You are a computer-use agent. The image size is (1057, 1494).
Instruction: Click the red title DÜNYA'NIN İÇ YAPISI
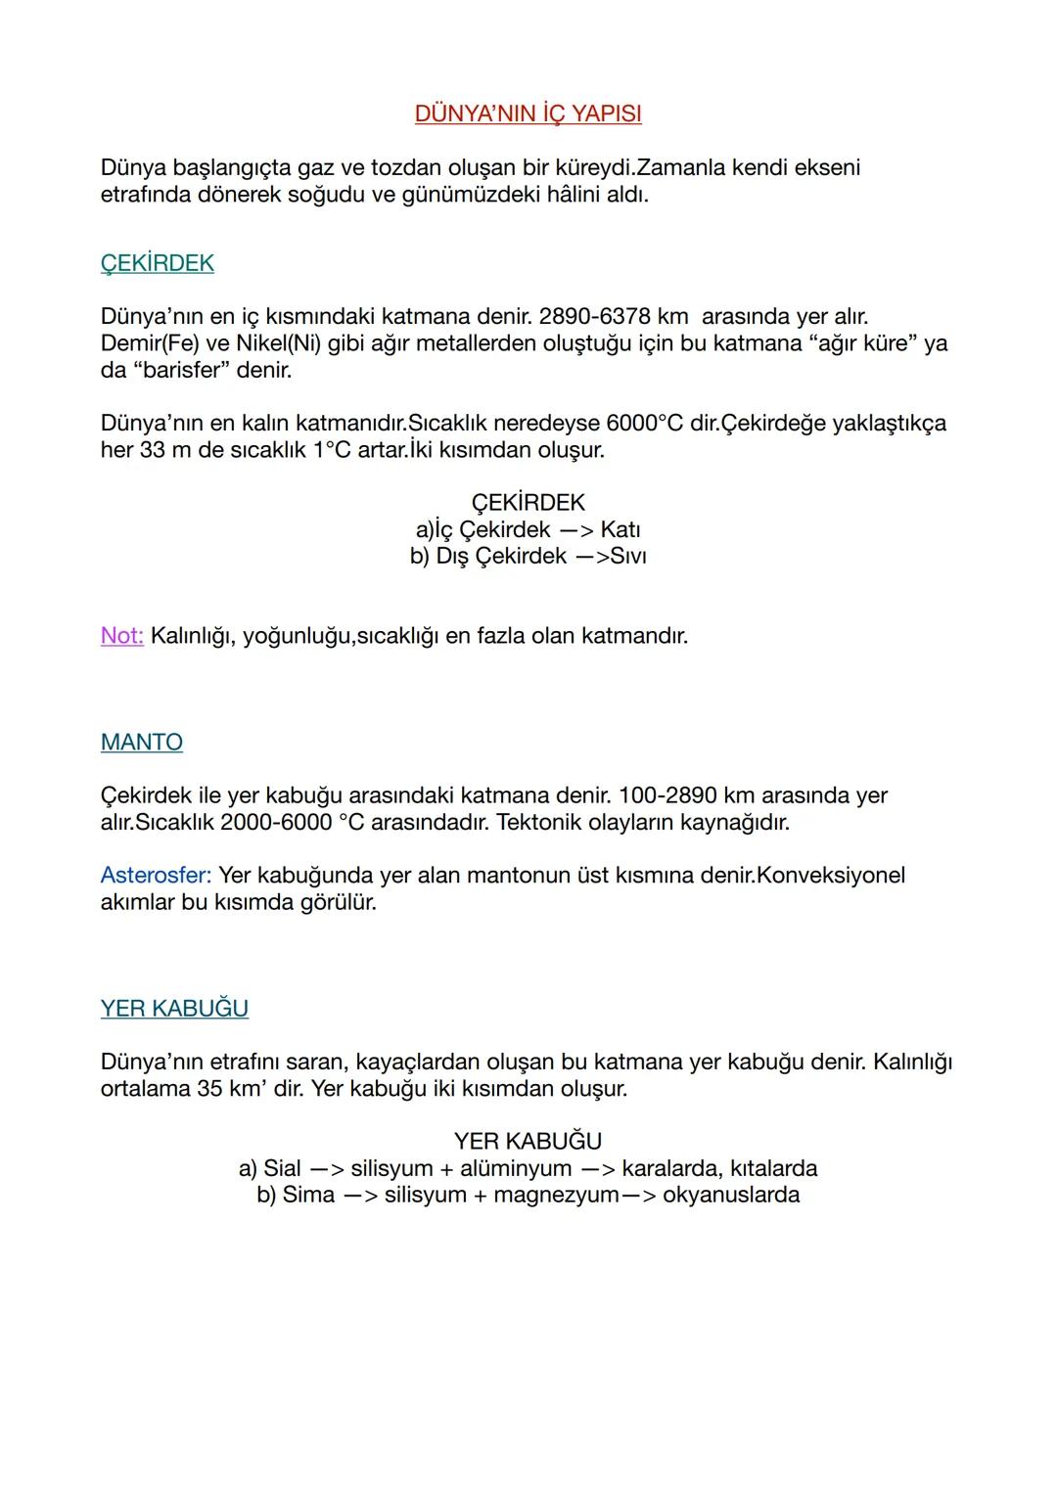[x=528, y=114]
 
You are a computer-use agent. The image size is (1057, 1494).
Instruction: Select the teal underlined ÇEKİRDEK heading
[x=157, y=263]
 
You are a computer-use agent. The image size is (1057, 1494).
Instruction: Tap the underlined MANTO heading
[x=141, y=743]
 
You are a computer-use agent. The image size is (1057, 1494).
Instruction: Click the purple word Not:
[x=122, y=636]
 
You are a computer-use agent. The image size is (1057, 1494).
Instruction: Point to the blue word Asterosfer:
[x=156, y=875]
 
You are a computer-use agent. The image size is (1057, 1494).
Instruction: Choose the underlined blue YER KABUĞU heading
[x=174, y=1009]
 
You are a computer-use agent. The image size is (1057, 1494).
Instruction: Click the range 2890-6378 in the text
[x=594, y=317]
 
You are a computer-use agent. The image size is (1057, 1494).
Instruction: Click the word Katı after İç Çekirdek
[x=620, y=529]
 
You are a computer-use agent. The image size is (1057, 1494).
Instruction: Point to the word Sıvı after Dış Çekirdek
[x=627, y=556]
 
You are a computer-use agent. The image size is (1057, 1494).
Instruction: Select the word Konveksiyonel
[x=831, y=875]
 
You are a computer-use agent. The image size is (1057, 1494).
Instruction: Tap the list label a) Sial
[x=269, y=1168]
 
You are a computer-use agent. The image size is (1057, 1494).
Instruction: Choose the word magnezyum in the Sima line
[x=557, y=1195]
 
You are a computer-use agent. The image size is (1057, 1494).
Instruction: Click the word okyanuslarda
[x=731, y=1195]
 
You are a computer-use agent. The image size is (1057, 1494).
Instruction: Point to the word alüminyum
[x=516, y=1168]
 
